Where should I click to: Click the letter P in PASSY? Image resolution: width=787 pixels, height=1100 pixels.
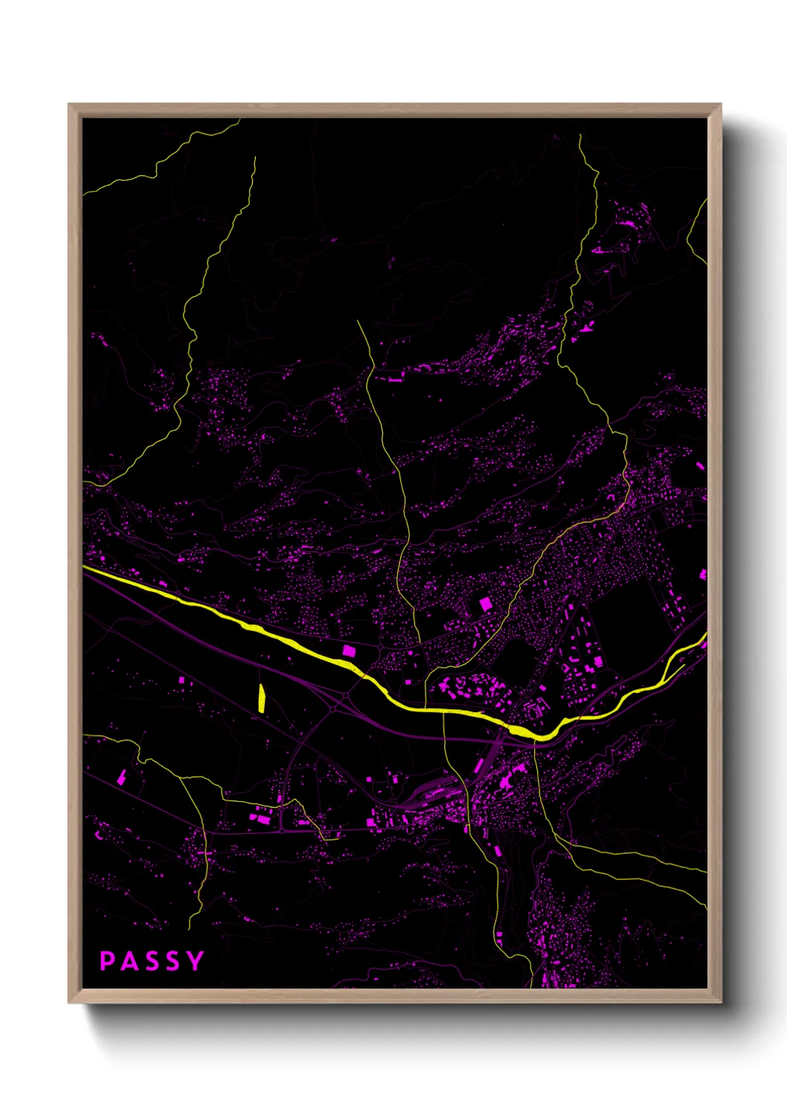coord(107,961)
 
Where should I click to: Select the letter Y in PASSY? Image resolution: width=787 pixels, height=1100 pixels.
coord(195,961)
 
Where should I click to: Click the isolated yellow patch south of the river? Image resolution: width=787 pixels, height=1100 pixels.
coord(262,698)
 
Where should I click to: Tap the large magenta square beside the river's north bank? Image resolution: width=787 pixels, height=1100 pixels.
coord(348,651)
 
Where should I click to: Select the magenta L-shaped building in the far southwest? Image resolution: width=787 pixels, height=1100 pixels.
coord(121,777)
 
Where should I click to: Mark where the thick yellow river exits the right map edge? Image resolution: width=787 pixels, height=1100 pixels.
coord(705,636)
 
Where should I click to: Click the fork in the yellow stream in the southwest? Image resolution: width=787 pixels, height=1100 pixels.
coord(181,777)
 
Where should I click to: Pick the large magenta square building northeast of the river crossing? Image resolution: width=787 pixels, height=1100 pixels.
coord(486,604)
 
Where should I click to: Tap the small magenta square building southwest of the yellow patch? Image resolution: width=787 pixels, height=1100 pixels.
coord(182,679)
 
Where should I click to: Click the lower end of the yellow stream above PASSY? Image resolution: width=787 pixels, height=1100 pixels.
coord(190,926)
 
